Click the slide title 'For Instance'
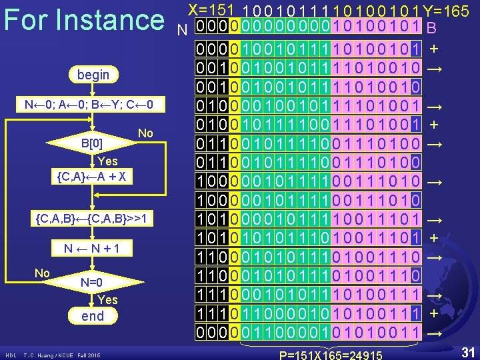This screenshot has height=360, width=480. coord(84,20)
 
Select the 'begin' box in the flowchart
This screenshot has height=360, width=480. coord(93,75)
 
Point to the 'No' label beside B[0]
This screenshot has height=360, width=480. coord(145,133)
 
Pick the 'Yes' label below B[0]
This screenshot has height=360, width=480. coord(107,161)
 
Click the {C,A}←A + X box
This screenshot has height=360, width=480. coord(93,177)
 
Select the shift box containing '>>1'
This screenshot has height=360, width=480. coord(94,219)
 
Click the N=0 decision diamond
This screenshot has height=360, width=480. coord(91,282)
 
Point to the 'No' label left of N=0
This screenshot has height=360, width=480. coord(42,273)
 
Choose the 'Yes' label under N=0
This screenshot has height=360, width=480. coord(107,299)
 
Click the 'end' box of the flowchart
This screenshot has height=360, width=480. coord(93,316)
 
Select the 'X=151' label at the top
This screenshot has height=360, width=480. coord(211,10)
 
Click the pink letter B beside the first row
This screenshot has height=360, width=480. coord(431,29)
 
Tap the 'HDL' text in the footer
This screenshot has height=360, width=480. coord(11,355)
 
